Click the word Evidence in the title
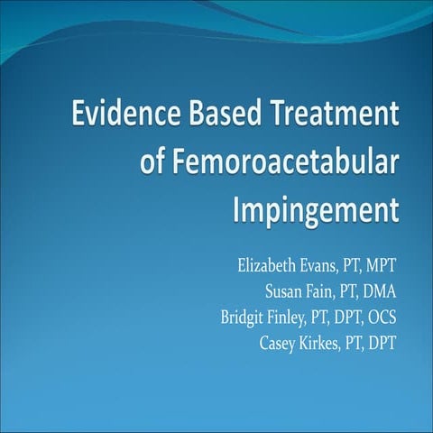(x=122, y=116)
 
